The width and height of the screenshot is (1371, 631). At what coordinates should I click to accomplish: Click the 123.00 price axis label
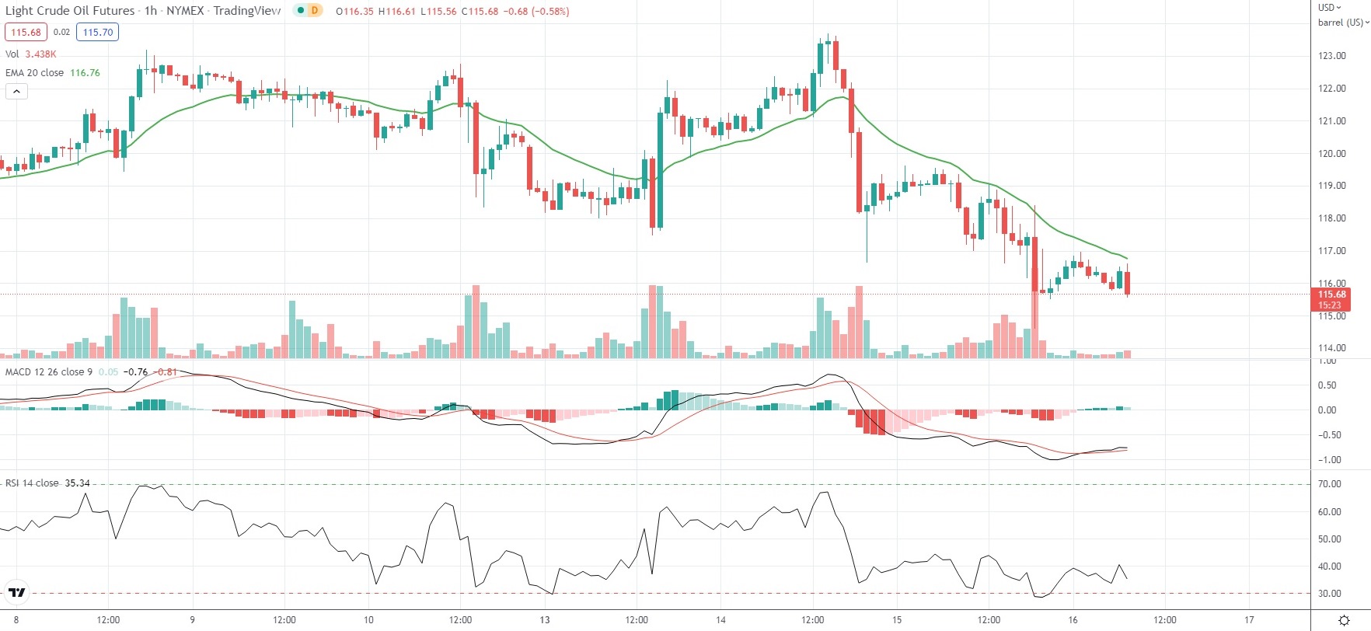[x=1331, y=56]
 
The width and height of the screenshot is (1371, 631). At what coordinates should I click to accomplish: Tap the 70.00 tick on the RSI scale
[x=1330, y=484]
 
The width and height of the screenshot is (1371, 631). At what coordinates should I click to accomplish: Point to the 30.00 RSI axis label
[x=1330, y=594]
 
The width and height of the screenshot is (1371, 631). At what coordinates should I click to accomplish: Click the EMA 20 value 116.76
[x=85, y=73]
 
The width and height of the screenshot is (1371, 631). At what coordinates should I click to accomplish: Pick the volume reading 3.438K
[x=40, y=54]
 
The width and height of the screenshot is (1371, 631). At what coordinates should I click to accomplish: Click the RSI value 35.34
[x=77, y=483]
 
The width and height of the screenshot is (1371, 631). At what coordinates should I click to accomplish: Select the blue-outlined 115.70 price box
[x=97, y=33]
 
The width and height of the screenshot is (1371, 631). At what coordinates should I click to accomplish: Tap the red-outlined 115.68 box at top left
[x=26, y=33]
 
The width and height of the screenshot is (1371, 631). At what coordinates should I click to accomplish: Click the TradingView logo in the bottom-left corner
[x=16, y=593]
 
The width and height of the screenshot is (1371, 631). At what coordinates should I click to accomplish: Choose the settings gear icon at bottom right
[x=1344, y=620]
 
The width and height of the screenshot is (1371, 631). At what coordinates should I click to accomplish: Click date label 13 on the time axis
[x=545, y=620]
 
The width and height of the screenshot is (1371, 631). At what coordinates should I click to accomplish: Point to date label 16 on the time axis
[x=1073, y=620]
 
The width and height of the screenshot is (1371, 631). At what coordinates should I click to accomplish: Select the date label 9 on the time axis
[x=192, y=620]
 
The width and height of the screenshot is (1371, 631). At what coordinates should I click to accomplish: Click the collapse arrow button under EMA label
[x=16, y=92]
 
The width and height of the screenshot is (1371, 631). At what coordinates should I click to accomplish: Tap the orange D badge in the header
[x=314, y=11]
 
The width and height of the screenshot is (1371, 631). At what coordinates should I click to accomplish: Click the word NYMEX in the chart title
[x=185, y=11]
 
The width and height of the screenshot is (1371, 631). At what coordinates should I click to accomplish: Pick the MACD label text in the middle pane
[x=18, y=372]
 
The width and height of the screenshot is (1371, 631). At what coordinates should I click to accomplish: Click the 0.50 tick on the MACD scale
[x=1327, y=385]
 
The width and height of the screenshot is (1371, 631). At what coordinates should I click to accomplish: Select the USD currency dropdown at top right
[x=1329, y=7]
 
